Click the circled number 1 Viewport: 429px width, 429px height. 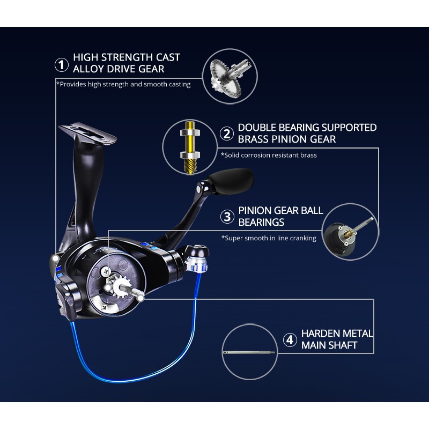(62, 65)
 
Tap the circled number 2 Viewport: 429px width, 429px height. (227, 134)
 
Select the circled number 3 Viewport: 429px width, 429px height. (227, 217)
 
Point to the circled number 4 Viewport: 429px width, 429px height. (290, 340)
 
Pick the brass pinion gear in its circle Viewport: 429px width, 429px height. (190, 147)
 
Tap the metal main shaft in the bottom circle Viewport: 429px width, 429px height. (249, 352)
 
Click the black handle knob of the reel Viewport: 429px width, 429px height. (231, 181)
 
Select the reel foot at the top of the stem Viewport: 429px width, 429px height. (87, 133)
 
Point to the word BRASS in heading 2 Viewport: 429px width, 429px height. (253, 139)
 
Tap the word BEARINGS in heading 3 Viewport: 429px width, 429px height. (261, 222)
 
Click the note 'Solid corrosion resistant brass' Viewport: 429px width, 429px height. (269, 155)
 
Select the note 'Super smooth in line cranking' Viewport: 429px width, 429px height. (269, 238)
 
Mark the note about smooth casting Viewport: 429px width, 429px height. (123, 84)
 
